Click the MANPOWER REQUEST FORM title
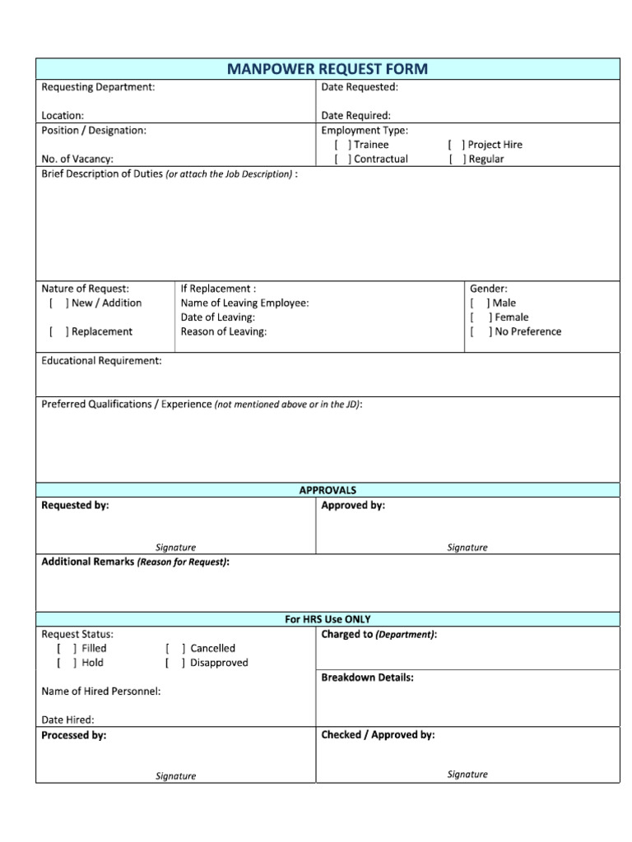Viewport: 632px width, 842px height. click(327, 68)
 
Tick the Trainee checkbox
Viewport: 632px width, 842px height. click(342, 145)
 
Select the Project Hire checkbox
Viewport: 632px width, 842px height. click(456, 145)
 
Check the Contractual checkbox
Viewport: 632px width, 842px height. click(342, 160)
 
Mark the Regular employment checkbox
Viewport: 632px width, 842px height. click(456, 160)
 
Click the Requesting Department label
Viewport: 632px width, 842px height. click(98, 87)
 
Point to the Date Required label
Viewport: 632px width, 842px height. click(355, 116)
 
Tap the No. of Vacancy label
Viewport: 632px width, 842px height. click(77, 160)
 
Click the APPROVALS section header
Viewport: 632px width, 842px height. click(327, 490)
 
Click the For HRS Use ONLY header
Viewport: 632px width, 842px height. click(327, 619)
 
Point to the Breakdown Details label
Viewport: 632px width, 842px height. click(367, 678)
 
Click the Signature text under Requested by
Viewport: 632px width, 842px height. click(175, 548)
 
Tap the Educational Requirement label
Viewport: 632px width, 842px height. click(101, 361)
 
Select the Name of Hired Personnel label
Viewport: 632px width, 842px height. click(100, 692)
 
